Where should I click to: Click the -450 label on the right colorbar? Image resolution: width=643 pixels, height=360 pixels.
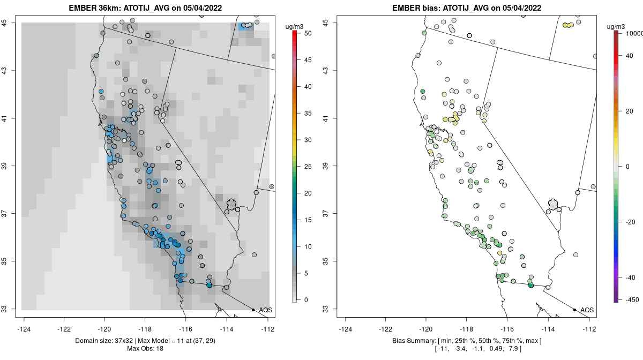click(632, 299)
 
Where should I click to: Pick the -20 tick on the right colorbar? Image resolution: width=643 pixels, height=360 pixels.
click(631, 222)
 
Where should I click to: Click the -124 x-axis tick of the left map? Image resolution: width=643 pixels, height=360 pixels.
click(24, 329)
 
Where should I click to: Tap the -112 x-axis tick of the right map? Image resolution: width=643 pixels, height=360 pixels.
click(589, 329)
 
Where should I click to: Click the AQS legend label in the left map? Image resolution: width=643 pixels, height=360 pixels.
click(265, 310)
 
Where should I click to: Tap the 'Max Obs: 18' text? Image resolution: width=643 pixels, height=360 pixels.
click(145, 349)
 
